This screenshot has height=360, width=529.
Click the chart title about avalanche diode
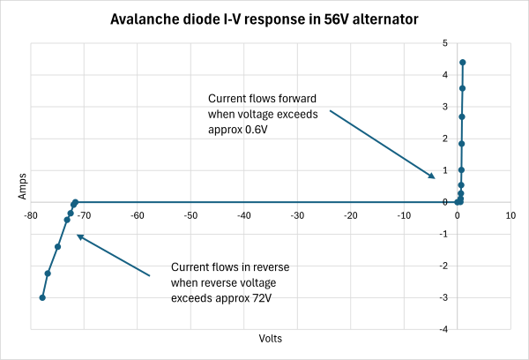coord(264,19)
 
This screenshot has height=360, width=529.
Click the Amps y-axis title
coord(12,185)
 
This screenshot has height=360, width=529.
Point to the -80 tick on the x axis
coord(31,214)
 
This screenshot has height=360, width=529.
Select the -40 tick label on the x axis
coord(243,214)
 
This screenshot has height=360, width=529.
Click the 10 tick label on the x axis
coord(510,214)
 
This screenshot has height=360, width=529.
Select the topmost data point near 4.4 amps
coord(462,63)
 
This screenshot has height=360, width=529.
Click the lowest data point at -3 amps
coord(42,297)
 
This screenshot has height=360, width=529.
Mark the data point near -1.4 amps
coord(57,246)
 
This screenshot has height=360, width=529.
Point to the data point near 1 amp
coord(461,170)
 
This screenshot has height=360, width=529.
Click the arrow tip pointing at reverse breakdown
coord(77,235)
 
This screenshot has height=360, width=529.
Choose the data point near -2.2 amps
coord(48,274)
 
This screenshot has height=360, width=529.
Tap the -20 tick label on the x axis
coord(350,214)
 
